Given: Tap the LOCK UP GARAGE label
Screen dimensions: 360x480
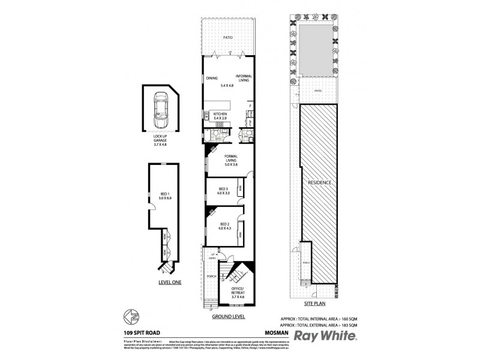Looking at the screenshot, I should tap(160, 139).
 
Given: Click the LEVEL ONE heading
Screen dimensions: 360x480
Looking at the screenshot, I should tap(169, 281).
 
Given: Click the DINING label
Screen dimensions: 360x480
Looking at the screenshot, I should tap(212, 77).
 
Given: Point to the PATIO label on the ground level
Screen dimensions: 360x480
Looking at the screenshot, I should tap(227, 37).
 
